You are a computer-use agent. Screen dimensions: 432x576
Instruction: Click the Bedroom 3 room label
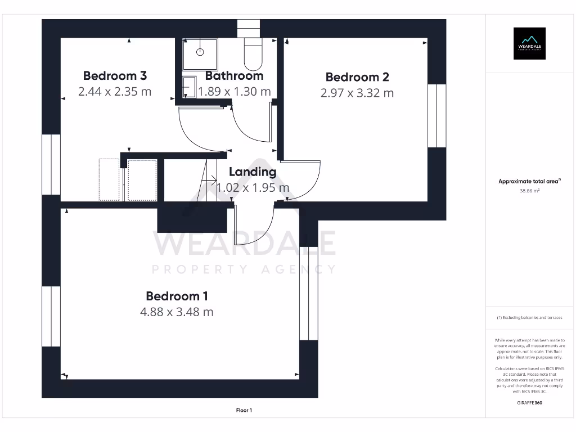click(115, 75)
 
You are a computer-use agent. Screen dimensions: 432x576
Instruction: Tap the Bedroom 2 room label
click(357, 77)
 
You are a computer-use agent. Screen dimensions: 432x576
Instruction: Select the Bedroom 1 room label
click(177, 296)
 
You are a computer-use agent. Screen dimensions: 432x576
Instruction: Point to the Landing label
click(253, 172)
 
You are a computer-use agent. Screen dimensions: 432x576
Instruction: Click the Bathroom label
click(234, 75)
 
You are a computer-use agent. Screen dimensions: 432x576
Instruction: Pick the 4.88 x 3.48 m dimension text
click(177, 312)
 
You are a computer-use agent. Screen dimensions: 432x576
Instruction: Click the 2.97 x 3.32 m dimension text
click(357, 93)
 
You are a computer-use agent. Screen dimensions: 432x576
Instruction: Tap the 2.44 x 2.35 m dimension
click(115, 91)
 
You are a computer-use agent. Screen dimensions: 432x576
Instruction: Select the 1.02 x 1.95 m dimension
click(253, 188)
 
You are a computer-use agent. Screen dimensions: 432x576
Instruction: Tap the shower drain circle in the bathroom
click(200, 52)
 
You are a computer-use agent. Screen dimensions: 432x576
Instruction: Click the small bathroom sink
click(188, 87)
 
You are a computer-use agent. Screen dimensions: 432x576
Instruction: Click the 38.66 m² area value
click(529, 191)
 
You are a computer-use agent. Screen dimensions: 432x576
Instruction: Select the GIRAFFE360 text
click(529, 403)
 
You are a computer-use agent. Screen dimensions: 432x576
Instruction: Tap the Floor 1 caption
click(244, 411)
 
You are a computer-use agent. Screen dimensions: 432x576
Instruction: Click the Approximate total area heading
click(529, 181)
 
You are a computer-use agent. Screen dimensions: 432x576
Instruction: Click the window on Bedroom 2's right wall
click(436, 116)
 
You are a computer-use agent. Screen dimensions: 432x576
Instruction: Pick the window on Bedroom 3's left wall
click(51, 164)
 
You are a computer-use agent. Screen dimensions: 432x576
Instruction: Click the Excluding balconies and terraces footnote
click(529, 318)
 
